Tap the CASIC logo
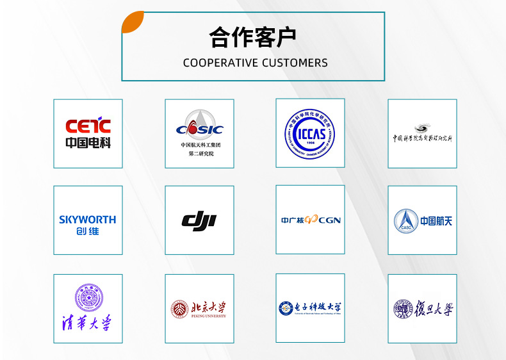[199, 129]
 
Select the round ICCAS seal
[310, 133]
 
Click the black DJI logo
[199, 221]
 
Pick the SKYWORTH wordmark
[88, 219]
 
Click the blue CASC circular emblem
[405, 221]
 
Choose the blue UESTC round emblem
[286, 309]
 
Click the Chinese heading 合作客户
[253, 38]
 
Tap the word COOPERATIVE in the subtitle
[221, 63]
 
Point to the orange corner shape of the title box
[132, 22]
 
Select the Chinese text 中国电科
[88, 143]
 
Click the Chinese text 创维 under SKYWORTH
[88, 231]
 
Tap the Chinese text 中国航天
[436, 221]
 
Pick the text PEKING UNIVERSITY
[208, 316]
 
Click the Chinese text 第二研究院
[200, 154]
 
